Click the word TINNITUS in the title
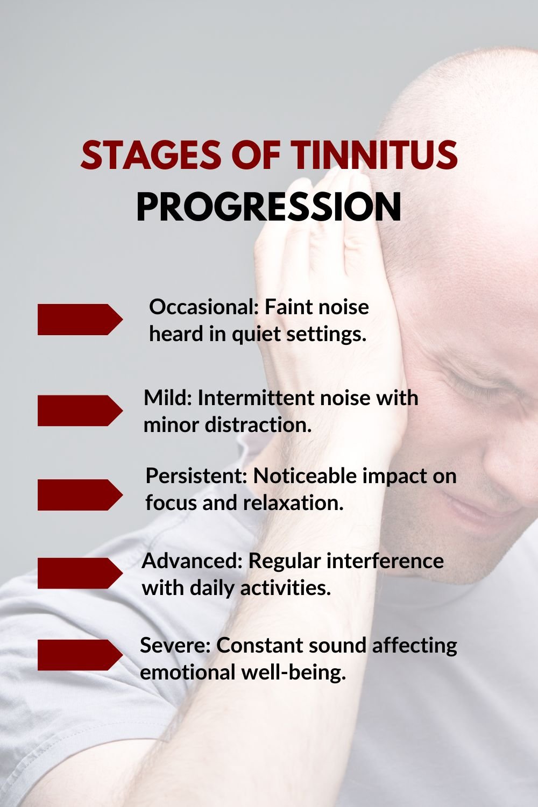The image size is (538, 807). click(x=374, y=155)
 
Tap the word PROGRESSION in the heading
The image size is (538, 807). click(x=269, y=207)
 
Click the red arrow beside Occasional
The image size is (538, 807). click(x=80, y=320)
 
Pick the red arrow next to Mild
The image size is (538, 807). click(x=80, y=410)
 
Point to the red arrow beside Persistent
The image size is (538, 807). click(x=80, y=494)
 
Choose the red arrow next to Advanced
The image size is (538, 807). click(x=80, y=573)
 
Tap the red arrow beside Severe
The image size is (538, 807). click(x=80, y=655)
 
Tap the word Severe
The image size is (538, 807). click(x=174, y=645)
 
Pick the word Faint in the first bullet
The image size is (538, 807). click(x=290, y=307)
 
